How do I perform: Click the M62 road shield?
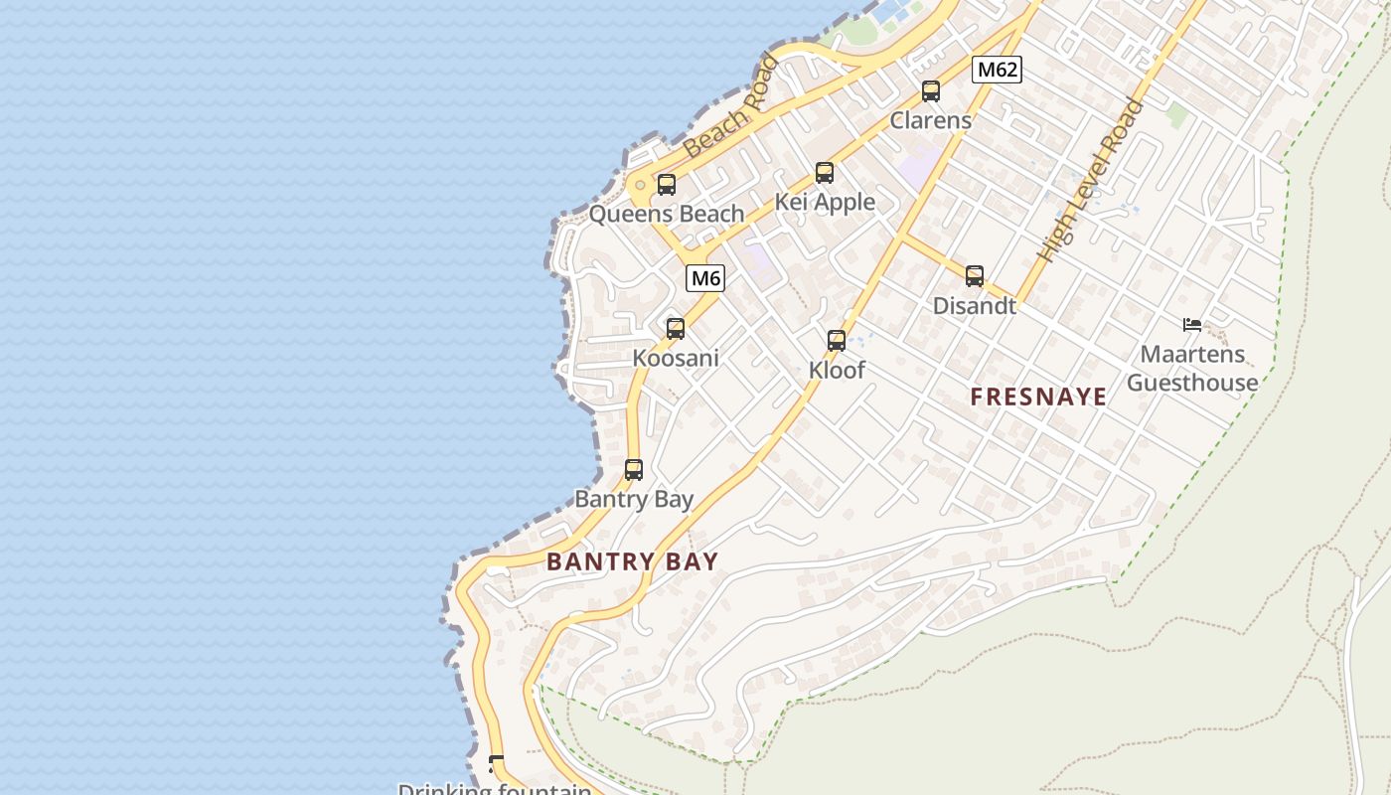997,70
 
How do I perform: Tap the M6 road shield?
705,278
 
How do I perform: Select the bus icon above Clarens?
931,91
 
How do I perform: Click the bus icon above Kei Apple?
825,173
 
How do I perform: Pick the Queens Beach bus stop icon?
667,185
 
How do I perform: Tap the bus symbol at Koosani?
676,329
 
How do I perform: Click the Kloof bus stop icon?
837,341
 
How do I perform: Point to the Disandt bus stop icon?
975,276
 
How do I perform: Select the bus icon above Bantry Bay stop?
634,470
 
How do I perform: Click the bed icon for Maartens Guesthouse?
1192,324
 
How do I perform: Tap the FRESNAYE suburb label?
1038,397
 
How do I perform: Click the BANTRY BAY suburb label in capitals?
632,561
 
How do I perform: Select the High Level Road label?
1090,181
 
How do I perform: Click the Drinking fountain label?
494,789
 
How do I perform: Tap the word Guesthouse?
1192,383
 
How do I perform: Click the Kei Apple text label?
825,203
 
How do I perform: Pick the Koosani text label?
676,358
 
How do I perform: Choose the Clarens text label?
931,120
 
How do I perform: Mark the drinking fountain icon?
496,763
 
